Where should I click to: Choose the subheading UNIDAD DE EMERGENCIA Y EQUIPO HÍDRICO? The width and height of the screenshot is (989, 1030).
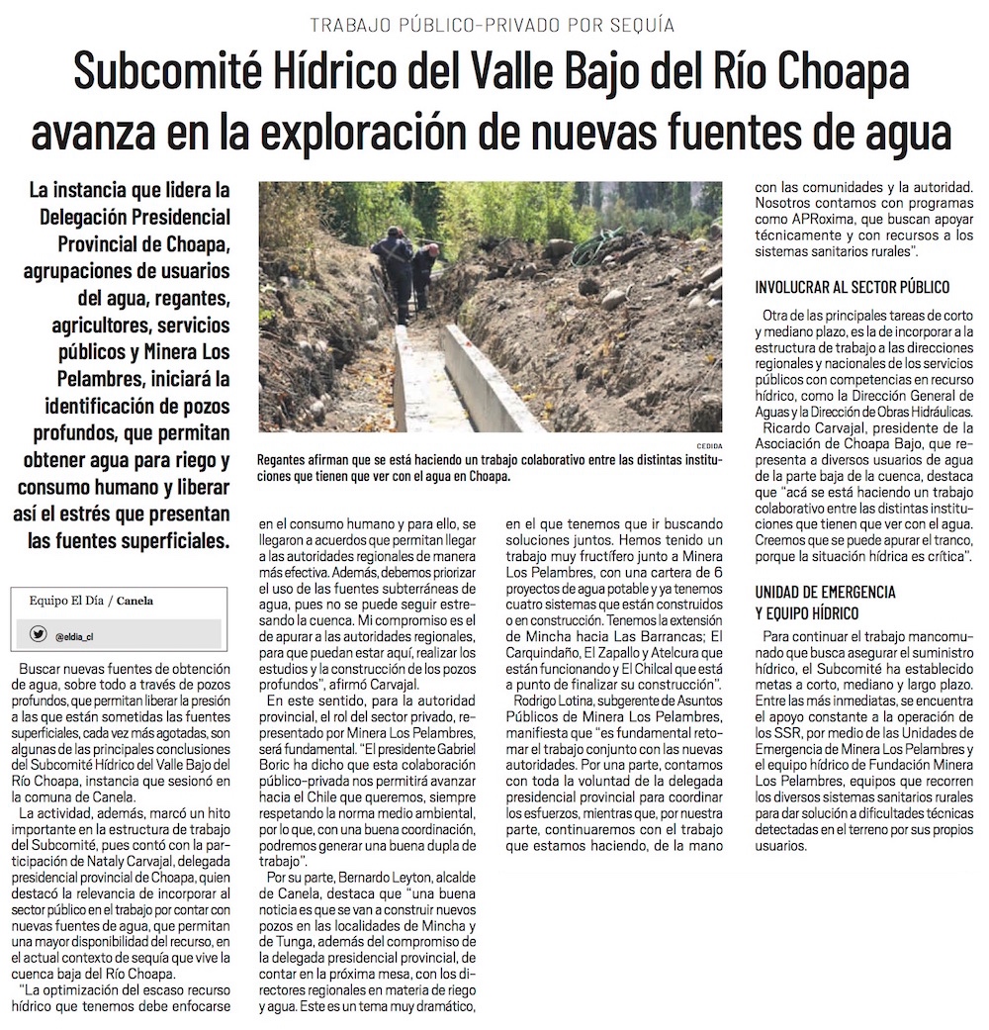coord(825,602)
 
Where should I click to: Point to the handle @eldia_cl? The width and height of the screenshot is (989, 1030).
coord(74,637)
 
